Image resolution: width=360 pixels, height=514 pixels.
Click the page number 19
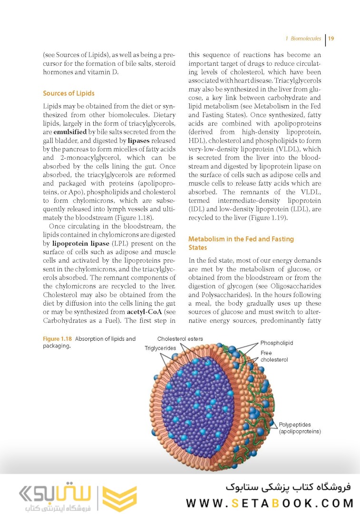tap(331, 39)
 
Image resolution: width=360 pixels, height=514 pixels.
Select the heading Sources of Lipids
tap(68, 93)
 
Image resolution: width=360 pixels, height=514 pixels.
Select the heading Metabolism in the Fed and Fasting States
tap(241, 243)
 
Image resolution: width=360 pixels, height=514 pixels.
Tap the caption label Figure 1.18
tap(57, 339)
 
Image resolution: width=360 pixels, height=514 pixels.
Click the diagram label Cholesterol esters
tap(180, 339)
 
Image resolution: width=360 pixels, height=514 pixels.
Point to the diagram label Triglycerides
tap(160, 348)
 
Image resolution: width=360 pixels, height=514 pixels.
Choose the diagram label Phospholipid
tap(276, 343)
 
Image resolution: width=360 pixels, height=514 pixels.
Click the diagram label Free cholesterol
tap(274, 356)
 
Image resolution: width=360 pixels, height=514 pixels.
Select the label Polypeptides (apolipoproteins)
tap(300, 428)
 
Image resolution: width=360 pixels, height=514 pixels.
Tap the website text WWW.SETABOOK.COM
tap(270, 503)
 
